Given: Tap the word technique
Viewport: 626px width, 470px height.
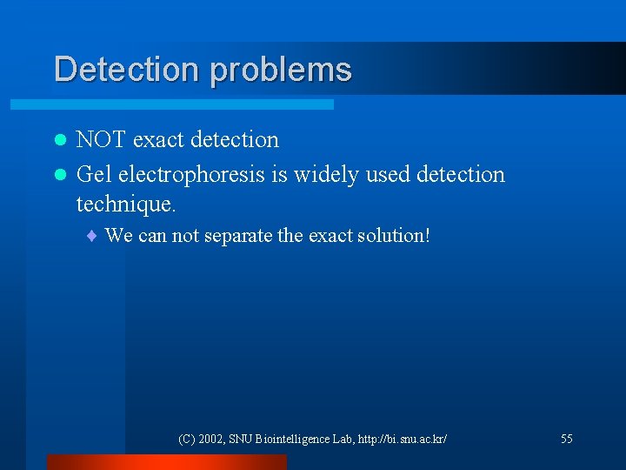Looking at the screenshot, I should click(126, 205).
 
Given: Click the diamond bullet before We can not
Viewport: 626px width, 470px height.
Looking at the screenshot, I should click(94, 236).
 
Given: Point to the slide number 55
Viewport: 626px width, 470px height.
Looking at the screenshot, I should click(567, 440).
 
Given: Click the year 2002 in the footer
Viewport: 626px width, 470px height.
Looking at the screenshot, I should click(211, 440).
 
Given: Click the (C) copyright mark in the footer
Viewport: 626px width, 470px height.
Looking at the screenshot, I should click(186, 440).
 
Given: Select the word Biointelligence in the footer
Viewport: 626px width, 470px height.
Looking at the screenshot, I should click(291, 440).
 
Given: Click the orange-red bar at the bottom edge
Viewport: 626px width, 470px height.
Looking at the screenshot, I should click(166, 462).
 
